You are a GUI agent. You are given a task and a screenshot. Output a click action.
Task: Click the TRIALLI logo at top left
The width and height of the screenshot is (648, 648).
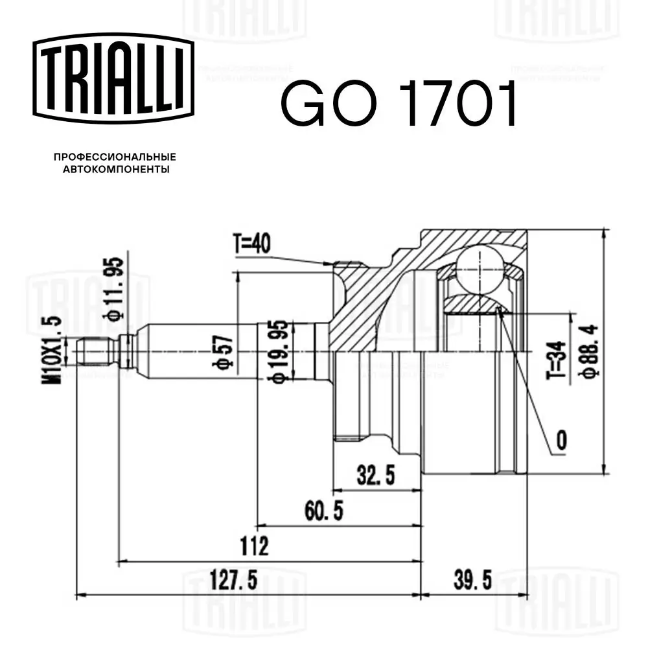point(113,78)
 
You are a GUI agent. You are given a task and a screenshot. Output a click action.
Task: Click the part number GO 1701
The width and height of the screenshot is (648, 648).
point(399,103)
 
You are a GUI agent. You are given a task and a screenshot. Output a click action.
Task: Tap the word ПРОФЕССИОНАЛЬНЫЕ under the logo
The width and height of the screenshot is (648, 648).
point(115,157)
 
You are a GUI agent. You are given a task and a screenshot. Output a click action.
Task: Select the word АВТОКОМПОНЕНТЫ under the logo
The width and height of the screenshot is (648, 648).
point(116,169)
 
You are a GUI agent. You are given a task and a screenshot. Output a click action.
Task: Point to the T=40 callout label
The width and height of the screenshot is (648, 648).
point(252,244)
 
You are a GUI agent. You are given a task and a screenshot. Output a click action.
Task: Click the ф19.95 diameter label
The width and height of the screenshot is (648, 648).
point(280,351)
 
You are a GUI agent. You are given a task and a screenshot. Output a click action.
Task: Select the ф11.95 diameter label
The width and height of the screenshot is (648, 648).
point(113,289)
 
